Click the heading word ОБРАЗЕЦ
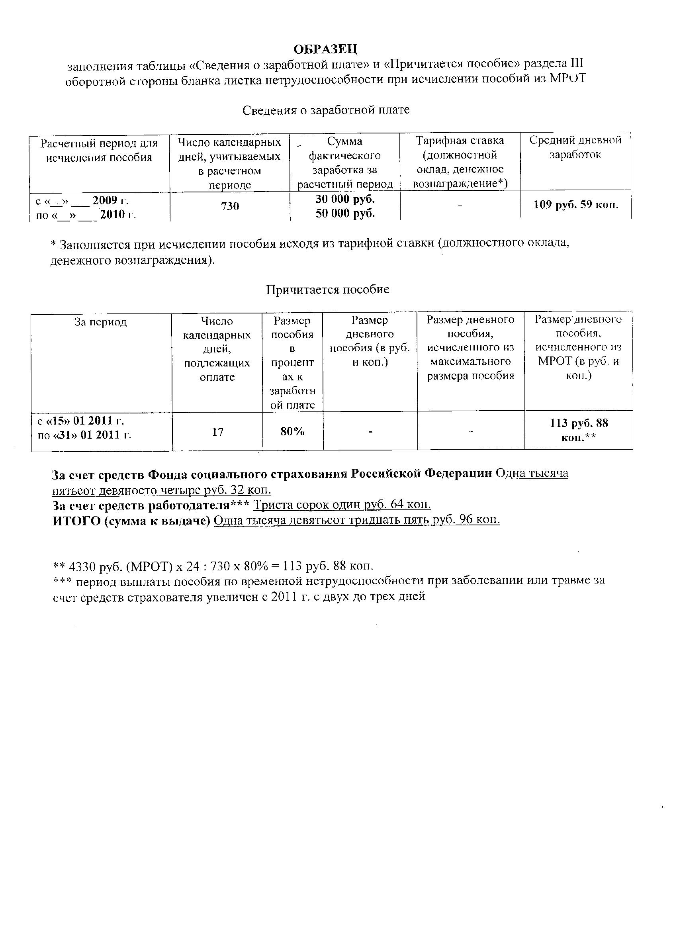326,49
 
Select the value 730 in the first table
230,206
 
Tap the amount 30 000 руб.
345,199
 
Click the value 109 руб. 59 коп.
576,205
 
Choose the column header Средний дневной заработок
575,147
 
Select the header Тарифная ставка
460,141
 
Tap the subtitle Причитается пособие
327,290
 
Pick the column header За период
101,322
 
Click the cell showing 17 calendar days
217,432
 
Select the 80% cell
292,431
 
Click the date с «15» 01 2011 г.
80,422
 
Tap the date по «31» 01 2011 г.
84,435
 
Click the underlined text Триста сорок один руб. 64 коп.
342,505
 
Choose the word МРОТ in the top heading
567,78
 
